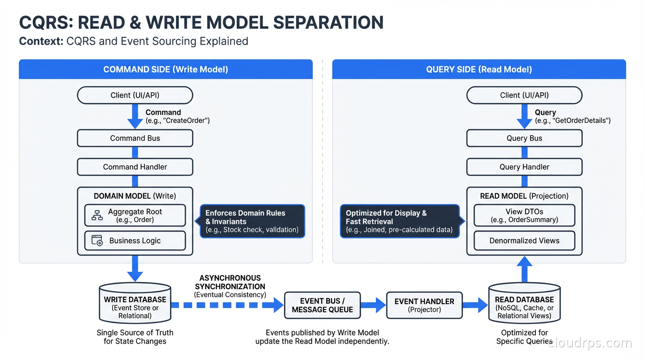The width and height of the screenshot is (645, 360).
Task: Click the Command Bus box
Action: [x=135, y=138]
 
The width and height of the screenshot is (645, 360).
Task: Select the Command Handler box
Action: [x=135, y=167]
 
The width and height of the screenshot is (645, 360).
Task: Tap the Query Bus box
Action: [x=524, y=138]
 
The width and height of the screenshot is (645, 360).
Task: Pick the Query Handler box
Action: [x=524, y=167]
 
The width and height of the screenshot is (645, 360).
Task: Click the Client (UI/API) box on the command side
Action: [x=135, y=95]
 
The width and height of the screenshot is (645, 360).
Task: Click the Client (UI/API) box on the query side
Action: [x=524, y=95]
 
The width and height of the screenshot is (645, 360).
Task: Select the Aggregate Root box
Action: [x=135, y=216]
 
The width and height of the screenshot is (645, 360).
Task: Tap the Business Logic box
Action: [x=135, y=240]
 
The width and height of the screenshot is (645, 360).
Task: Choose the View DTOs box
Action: [x=524, y=216]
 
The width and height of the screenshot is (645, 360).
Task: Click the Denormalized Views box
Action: [x=524, y=240]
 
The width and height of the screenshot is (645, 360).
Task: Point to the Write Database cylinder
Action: [x=135, y=304]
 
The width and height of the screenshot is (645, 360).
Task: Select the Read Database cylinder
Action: [x=524, y=304]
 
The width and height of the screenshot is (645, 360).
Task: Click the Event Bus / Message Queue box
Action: [x=322, y=305]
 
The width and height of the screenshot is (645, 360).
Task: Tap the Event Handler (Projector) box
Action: [x=424, y=305]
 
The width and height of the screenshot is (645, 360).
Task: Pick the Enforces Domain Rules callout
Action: [x=252, y=221]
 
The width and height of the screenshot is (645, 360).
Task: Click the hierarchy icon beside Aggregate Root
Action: [x=97, y=216]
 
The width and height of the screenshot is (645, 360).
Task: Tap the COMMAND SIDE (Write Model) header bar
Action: [x=165, y=69]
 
